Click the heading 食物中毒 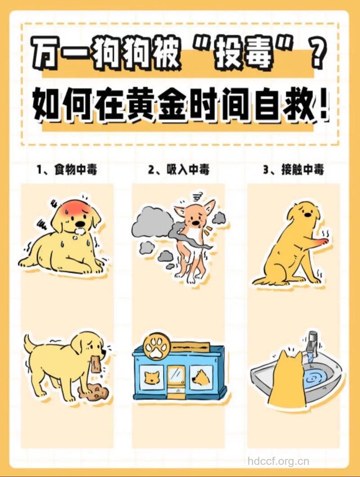(74, 170)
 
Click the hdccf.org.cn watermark (279, 461)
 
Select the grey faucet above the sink (312, 342)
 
